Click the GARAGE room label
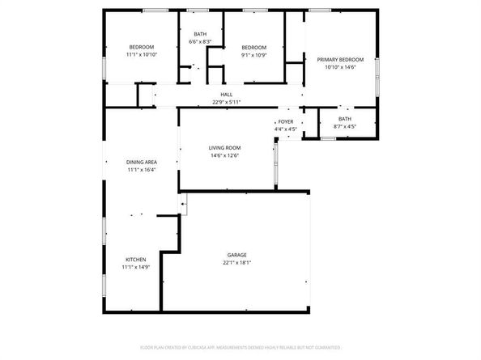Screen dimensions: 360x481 point(236,256)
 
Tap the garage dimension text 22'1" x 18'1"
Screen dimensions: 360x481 point(236,264)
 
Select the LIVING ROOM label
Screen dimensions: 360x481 point(225,147)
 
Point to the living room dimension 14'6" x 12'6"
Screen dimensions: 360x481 point(225,155)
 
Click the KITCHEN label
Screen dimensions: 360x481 point(134,259)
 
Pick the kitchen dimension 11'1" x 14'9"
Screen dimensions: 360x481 point(134,267)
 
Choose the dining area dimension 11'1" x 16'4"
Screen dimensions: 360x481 point(141,171)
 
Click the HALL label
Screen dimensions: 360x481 point(227,95)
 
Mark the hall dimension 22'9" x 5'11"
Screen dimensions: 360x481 point(227,102)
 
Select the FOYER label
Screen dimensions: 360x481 point(286,121)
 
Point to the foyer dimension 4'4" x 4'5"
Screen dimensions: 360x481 point(286,129)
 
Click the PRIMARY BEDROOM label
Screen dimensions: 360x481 point(340,60)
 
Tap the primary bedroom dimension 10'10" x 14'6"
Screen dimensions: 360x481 point(340,68)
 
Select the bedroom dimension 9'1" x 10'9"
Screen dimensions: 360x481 point(253,56)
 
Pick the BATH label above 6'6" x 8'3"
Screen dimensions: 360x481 point(199,33)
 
